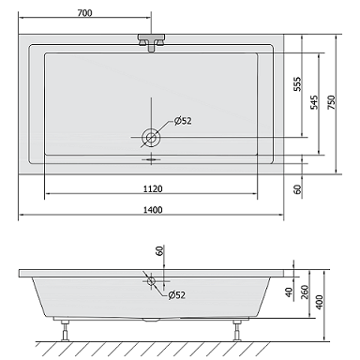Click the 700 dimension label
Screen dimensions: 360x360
coord(84,13)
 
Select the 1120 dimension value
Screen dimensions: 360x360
coord(153,188)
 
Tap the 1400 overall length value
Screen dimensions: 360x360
coord(153,210)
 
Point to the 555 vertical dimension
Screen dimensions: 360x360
coord(298,83)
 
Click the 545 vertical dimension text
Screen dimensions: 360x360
coord(314,102)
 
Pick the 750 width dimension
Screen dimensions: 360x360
coord(331,102)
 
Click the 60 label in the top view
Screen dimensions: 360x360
coord(298,189)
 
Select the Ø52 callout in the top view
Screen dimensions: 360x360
coord(183,121)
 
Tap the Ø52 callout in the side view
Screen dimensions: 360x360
coord(176,294)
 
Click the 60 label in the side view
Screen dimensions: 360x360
coord(159,251)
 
